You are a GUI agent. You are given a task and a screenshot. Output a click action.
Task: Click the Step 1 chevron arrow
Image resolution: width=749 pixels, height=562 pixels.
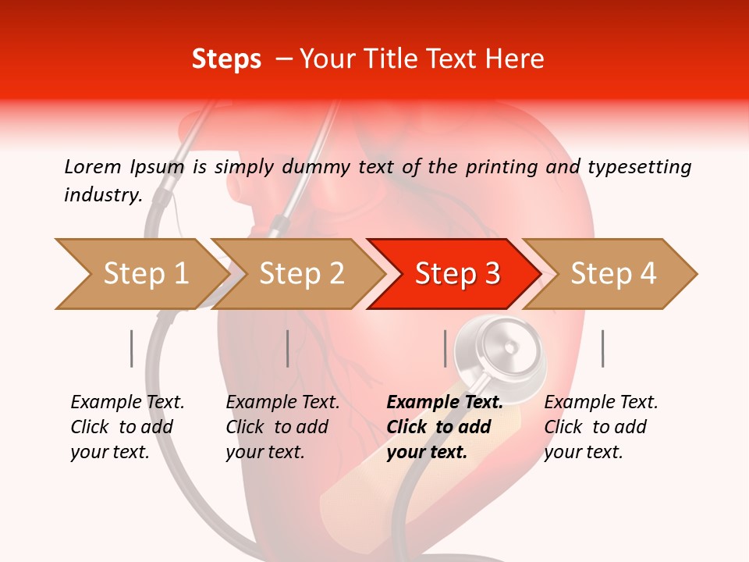coord(140,274)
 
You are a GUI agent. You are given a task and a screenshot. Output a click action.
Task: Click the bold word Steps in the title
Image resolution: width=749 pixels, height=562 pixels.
coord(226,59)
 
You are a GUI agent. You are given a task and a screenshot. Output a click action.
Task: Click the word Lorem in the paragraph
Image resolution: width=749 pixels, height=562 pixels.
coord(92,166)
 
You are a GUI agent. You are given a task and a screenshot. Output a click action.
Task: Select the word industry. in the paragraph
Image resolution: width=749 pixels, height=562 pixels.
coord(103,195)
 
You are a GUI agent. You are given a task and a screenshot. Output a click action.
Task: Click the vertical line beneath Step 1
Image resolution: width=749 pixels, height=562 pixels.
coord(131,348)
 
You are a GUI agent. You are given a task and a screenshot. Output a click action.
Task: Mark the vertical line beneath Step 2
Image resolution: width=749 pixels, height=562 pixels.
coord(288,348)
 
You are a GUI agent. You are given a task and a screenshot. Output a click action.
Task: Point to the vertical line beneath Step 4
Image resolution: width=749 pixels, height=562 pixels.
coord(602,348)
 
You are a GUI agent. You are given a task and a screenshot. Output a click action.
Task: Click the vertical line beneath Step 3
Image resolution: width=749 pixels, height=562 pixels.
coord(445,348)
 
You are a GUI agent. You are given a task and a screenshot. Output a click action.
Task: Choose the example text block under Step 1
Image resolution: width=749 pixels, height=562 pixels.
coord(127,427)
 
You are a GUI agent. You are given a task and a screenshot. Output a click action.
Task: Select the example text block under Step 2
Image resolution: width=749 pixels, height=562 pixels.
coord(282,427)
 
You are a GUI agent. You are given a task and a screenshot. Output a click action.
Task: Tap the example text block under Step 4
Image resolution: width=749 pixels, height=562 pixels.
coord(601,427)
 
